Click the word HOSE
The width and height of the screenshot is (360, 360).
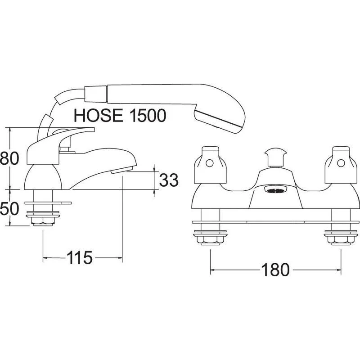coord(98,115)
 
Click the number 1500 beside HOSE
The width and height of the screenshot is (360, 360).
coord(148,115)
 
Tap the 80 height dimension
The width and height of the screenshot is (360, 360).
coord(9,158)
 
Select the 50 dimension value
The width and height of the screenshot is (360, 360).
coord(9,209)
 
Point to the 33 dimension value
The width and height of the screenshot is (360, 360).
coord(169,180)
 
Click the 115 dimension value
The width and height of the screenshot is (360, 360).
coord(80,257)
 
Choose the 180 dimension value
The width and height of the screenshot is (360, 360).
coord(275,270)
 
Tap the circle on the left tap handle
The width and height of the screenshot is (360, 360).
coord(210,163)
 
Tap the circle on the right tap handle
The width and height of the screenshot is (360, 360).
coord(341,163)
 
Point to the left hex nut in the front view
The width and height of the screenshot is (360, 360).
coord(210,240)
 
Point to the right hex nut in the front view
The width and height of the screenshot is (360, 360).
coord(341,240)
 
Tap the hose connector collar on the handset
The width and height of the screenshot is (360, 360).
coord(96,94)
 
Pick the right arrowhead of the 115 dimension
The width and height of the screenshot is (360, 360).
coord(120,258)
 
